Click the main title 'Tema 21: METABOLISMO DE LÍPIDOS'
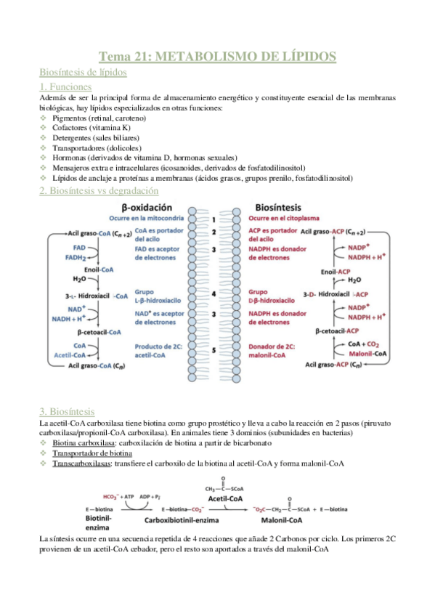pyautogui.click(x=217, y=56)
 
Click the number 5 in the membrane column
pyautogui.click(x=214, y=350)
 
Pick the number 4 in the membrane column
pyautogui.click(x=214, y=294)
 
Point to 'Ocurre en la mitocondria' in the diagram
pyautogui.click(x=145, y=219)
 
